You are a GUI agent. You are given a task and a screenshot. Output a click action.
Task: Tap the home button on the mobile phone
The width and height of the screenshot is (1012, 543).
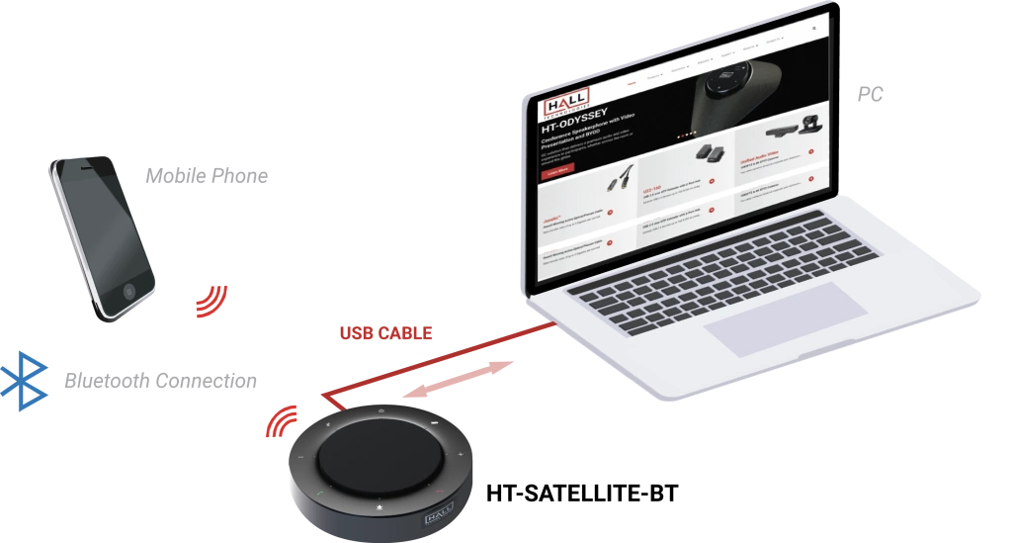coord(130,291)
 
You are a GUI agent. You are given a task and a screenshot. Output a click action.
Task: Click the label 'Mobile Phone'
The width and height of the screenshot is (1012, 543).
coord(207,176)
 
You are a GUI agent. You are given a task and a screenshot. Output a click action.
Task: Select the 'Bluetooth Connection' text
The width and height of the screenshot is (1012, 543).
coord(160,381)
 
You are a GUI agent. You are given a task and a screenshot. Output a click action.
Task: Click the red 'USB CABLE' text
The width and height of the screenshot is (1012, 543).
coord(385,333)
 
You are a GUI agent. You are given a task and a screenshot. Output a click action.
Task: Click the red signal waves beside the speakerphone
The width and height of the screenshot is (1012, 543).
coord(281,421)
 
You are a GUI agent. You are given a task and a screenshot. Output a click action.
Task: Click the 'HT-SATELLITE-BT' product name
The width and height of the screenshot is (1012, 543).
coord(583,493)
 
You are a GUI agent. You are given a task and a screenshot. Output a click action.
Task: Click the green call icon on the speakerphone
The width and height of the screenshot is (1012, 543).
coord(319,492)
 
